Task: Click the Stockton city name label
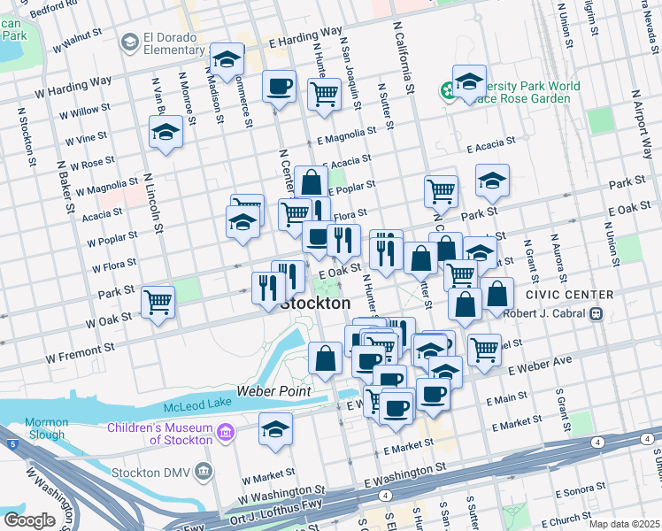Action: pos(315,303)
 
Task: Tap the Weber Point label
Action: pos(273,391)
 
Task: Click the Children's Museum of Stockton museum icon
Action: pos(225,433)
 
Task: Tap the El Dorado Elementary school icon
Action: pos(130,41)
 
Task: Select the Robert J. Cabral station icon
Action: pos(597,313)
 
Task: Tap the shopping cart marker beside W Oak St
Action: pos(158,302)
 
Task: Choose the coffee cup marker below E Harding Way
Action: pos(280,87)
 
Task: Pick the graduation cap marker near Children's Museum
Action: pos(275,429)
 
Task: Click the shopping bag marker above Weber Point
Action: pos(326,358)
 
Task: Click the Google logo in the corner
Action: pos(29,519)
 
